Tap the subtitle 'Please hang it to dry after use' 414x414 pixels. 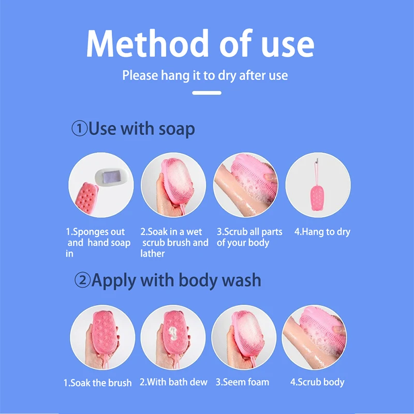coord(205,76)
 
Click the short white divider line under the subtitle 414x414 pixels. coord(206,93)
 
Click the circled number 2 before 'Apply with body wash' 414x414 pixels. coord(82,280)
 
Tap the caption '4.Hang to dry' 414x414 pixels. coord(322,232)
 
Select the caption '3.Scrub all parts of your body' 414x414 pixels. coord(246,237)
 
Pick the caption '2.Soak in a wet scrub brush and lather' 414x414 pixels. coord(174,242)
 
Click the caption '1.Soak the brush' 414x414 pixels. coord(97,383)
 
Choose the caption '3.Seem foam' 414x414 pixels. coord(242,382)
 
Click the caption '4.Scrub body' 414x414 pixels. coord(317,382)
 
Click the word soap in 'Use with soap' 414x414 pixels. coord(176,128)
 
